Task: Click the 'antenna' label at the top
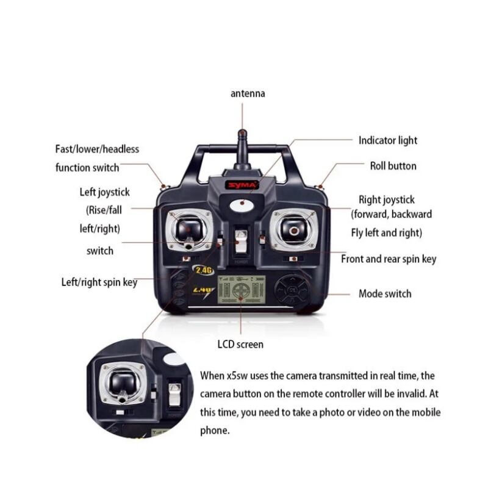click(248, 94)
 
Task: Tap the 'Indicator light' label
click(387, 140)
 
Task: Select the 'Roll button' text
click(393, 166)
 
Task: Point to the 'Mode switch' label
click(384, 293)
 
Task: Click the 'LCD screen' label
click(240, 344)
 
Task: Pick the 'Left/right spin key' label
click(99, 282)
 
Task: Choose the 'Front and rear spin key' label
click(389, 259)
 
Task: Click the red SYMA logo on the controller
click(242, 184)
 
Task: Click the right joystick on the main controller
click(293, 230)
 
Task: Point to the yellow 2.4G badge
click(203, 269)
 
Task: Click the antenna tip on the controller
click(242, 132)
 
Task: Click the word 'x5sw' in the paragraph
click(237, 376)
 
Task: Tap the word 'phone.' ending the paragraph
click(215, 430)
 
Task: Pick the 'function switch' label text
click(87, 167)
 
